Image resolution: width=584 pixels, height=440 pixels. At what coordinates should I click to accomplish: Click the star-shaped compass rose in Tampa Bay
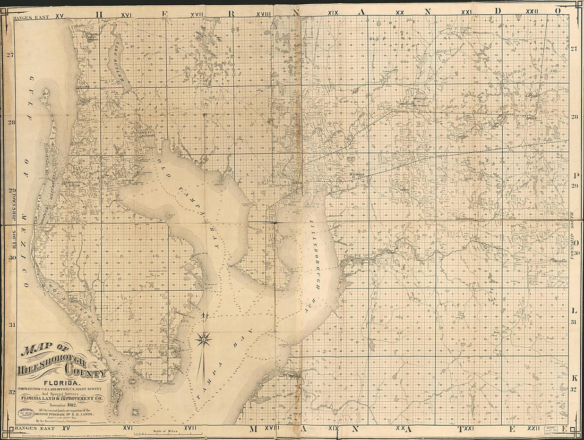tap(204, 338)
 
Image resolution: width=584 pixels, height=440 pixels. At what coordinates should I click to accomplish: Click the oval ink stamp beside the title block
tap(28, 413)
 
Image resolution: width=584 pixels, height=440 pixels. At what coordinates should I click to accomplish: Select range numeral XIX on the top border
tap(333, 12)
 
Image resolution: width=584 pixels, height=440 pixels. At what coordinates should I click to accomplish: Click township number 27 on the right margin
tap(574, 49)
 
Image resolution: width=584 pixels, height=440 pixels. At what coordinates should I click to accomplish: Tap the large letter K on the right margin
tap(575, 378)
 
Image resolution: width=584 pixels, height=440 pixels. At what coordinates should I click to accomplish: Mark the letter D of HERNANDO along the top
tap(497, 11)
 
